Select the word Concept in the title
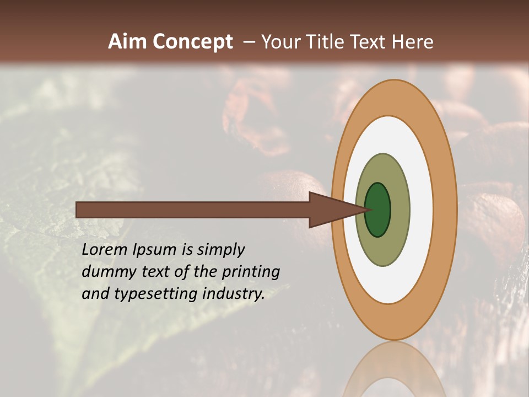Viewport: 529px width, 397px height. [x=193, y=42]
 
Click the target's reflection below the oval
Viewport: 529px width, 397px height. [x=394, y=369]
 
